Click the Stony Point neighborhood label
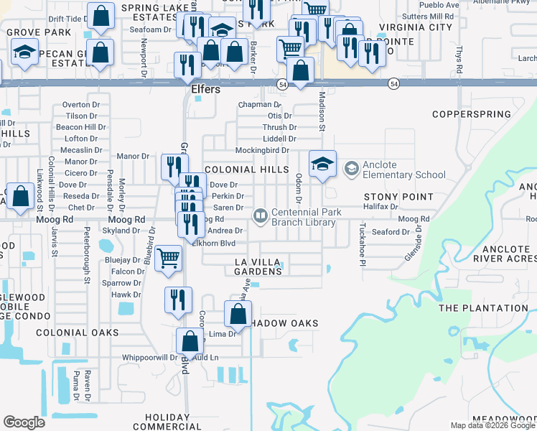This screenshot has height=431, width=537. pyautogui.click(x=398, y=197)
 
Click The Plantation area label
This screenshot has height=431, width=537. pyautogui.click(x=478, y=308)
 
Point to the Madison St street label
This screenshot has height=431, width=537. pyautogui.click(x=322, y=113)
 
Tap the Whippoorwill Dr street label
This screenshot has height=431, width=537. pyautogui.click(x=149, y=357)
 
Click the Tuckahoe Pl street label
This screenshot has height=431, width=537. pyautogui.click(x=363, y=244)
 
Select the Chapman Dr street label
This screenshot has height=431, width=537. pyautogui.click(x=255, y=104)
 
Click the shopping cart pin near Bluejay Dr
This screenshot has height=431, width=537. pyautogui.click(x=168, y=258)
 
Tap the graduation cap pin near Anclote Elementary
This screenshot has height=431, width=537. pyautogui.click(x=323, y=163)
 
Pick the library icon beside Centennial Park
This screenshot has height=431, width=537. pyautogui.click(x=259, y=215)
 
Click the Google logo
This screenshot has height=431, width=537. pyautogui.click(x=24, y=422)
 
